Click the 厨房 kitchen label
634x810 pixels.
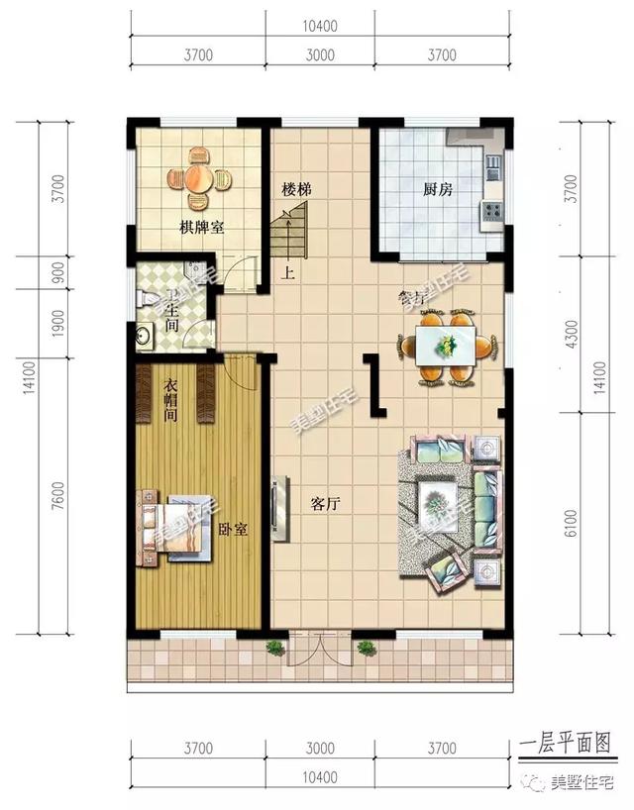[x=437, y=189]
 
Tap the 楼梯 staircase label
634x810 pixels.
[x=296, y=188]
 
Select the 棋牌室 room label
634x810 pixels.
[x=201, y=228]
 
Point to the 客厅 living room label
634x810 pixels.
[x=325, y=503]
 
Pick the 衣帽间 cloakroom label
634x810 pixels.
[x=170, y=402]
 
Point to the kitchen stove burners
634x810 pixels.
[x=490, y=210]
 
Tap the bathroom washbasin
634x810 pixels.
[x=144, y=336]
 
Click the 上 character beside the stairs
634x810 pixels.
[x=287, y=275]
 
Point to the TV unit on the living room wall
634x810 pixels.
[x=279, y=510]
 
